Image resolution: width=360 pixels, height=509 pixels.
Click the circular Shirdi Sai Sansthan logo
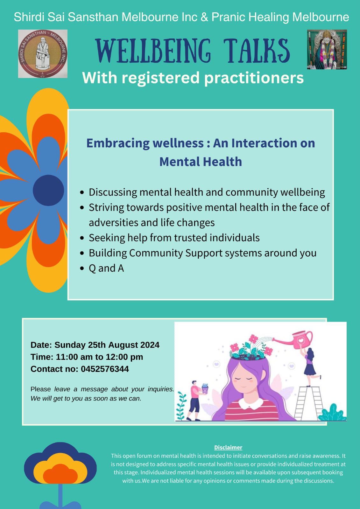(x=43, y=54)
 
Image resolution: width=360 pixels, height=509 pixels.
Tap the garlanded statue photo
(x=327, y=49)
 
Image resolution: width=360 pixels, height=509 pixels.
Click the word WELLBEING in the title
(x=153, y=51)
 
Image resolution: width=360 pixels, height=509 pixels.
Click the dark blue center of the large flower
(x=48, y=190)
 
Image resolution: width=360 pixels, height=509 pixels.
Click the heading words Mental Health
(x=201, y=162)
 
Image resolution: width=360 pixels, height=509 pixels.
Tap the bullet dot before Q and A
(x=82, y=268)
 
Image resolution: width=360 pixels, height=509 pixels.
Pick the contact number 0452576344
(x=105, y=369)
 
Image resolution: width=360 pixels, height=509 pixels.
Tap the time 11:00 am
(x=74, y=357)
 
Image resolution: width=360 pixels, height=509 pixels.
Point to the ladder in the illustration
(x=308, y=403)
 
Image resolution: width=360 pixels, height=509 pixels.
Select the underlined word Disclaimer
(x=228, y=447)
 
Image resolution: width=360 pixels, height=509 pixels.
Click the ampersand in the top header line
(x=204, y=17)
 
